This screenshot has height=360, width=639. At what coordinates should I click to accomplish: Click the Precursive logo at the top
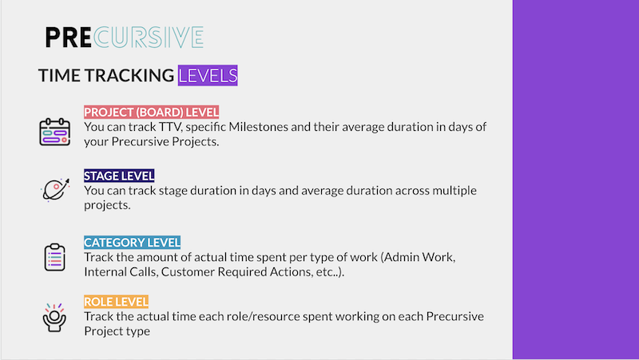124,38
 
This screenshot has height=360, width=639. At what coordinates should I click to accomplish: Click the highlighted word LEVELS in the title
208,76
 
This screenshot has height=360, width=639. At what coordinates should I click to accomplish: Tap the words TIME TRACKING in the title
106,76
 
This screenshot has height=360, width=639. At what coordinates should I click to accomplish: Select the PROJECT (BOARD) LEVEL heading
151,113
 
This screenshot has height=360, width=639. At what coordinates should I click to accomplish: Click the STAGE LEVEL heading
119,176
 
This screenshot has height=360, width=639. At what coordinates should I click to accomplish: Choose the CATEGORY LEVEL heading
133,242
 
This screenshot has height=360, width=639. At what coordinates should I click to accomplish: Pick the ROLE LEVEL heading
116,302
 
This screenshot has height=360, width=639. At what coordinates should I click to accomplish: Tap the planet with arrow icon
54,189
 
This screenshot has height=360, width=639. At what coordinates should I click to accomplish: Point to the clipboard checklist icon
54,256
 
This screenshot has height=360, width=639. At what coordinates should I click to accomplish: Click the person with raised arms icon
54,316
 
